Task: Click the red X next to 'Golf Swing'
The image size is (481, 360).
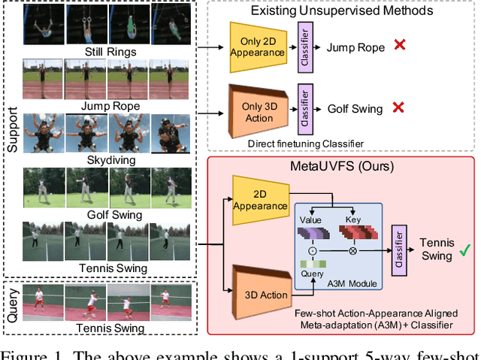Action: (x=398, y=108)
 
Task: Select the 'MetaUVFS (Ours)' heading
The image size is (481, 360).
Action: (x=343, y=165)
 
